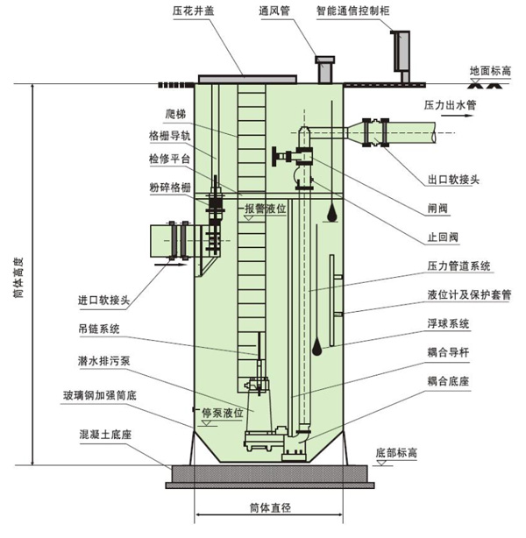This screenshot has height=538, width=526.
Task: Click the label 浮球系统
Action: click(449, 323)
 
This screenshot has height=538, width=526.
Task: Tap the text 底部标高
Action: click(396, 453)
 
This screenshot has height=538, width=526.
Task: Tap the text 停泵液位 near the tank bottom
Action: click(220, 411)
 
